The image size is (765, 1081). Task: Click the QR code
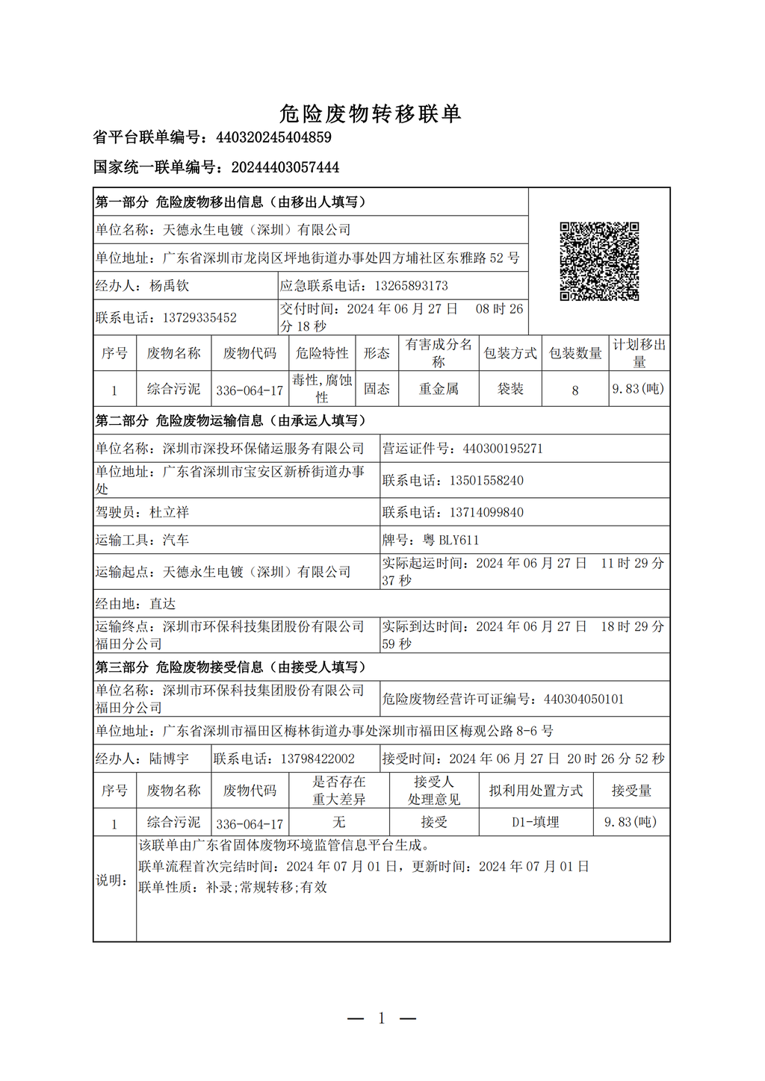click(599, 261)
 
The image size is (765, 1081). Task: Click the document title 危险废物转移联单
click(371, 113)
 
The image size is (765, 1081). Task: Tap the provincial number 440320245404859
click(273, 137)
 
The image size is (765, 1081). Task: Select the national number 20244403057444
click(285, 167)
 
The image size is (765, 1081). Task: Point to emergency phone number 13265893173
click(411, 286)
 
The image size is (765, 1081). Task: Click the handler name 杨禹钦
click(169, 286)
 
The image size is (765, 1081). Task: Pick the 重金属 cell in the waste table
click(439, 389)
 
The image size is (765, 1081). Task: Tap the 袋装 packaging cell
click(510, 389)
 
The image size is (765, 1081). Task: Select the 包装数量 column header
click(575, 353)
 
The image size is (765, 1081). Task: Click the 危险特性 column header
click(322, 353)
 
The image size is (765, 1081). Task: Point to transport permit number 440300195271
click(503, 449)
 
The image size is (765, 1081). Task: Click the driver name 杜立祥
click(169, 512)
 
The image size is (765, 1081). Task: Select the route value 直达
click(162, 603)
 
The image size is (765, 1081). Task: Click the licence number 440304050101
click(583, 700)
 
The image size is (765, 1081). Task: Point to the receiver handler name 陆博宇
click(169, 758)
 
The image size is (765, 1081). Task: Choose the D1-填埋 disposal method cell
click(535, 822)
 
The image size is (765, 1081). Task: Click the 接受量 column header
click(631, 791)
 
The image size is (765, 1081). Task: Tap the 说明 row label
click(111, 880)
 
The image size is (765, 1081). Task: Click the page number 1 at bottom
click(382, 1018)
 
